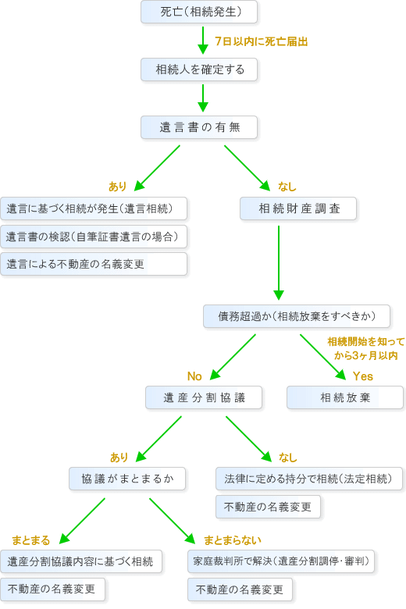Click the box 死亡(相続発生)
pos(199,12)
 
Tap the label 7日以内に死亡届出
pos(262,41)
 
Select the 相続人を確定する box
pos(199,69)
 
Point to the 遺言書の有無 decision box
pos(199,127)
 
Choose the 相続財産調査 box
pos(298,208)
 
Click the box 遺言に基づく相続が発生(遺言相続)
pos(94,208)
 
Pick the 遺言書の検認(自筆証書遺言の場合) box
pos(94,237)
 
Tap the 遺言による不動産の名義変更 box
pos(94,264)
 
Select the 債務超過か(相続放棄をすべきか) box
pos(297,316)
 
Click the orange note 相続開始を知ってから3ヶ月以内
pos(366,348)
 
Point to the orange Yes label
pos(363,376)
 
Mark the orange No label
pos(194,376)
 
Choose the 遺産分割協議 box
pos(204,397)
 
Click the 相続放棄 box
pos(345,397)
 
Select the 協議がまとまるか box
pos(127,479)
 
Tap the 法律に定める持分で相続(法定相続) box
pos(309,479)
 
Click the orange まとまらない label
pos(233,540)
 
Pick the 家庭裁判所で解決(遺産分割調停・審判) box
pos(281,561)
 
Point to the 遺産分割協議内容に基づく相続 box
pos(81,561)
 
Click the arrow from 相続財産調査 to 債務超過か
pos(279,263)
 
